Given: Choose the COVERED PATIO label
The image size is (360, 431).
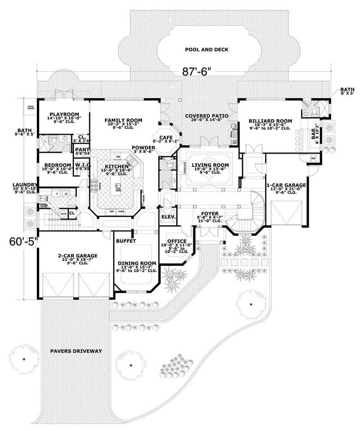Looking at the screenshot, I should click(x=207, y=116).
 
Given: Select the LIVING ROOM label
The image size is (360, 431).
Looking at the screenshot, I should click(x=211, y=165).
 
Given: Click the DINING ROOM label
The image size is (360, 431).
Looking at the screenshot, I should click(x=137, y=263).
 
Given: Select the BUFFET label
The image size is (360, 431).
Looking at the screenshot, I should click(x=126, y=241).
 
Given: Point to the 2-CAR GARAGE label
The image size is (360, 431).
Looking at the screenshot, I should click(x=78, y=255).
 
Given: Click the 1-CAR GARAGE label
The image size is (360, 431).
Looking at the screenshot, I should click(x=286, y=185).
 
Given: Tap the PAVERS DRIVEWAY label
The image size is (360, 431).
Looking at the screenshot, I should click(x=76, y=350).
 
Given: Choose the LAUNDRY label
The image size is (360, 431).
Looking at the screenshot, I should click(x=25, y=184).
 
